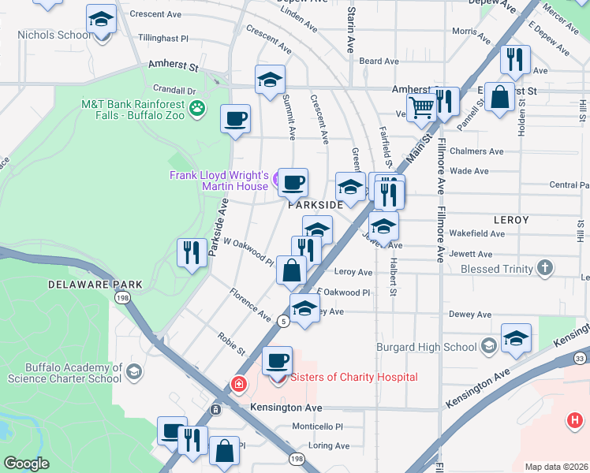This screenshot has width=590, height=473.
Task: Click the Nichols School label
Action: [54, 35]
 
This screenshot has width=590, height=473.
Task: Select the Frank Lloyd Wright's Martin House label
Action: [219, 181]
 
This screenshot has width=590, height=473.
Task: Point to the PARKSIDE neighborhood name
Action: [316, 205]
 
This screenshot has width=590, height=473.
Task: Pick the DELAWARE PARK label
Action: [95, 284]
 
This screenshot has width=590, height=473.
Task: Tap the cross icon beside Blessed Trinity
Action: [544, 268]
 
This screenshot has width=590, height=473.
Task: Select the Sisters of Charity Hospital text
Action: [354, 377]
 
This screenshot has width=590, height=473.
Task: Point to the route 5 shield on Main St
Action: [282, 320]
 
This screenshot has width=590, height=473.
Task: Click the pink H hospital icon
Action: [574, 419]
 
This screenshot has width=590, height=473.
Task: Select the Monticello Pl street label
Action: [317, 426]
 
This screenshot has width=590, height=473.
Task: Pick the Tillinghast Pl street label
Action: [163, 38]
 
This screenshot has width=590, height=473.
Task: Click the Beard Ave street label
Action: [379, 61]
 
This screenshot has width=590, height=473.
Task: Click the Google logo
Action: [27, 464]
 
